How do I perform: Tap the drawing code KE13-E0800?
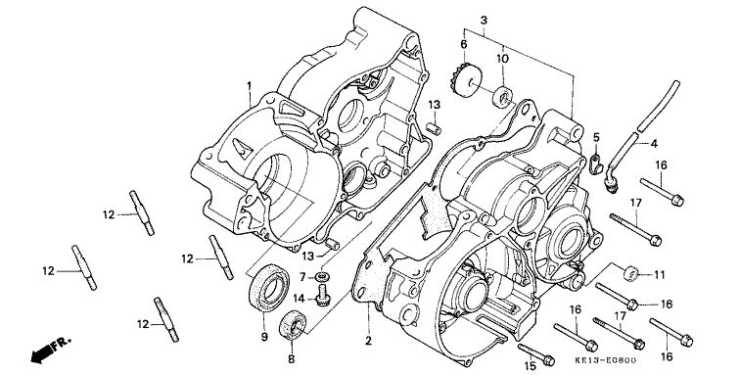pyautogui.click(x=606, y=360)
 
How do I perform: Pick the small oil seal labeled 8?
pyautogui.click(x=293, y=324)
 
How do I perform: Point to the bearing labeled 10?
pyautogui.click(x=503, y=96)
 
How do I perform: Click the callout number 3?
pyautogui.click(x=485, y=21)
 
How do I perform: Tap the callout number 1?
pyautogui.click(x=250, y=85)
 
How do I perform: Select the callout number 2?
pyautogui.click(x=368, y=341)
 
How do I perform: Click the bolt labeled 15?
pyautogui.click(x=535, y=353)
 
